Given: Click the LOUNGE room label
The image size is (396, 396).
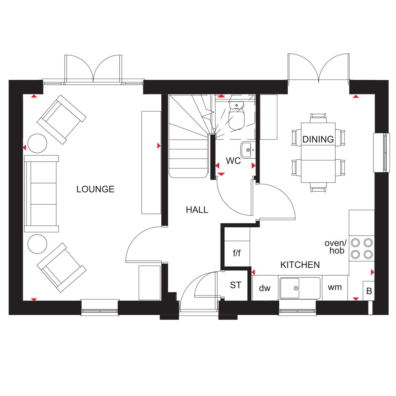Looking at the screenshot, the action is click(x=95, y=189).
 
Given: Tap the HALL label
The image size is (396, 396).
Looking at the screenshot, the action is click(x=197, y=210).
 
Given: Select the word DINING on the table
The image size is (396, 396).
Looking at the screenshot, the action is click(x=318, y=140).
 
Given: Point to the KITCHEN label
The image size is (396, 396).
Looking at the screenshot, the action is click(x=300, y=265).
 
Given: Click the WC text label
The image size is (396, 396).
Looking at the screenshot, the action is click(x=233, y=161).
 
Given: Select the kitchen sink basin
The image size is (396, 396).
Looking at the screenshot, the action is click(x=290, y=288).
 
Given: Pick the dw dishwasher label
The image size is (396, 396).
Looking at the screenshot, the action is click(x=265, y=288).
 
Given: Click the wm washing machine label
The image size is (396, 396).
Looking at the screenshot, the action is click(x=335, y=287).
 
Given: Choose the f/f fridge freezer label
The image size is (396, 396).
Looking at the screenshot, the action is click(x=237, y=252).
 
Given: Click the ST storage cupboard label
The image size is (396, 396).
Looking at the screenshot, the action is click(x=236, y=285).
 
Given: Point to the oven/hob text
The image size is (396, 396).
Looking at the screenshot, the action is click(x=335, y=247).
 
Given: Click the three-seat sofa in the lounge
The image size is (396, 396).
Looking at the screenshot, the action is click(x=41, y=194).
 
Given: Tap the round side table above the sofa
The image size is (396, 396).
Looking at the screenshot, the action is click(x=37, y=143).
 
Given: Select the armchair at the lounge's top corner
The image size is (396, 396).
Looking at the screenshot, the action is click(x=62, y=119).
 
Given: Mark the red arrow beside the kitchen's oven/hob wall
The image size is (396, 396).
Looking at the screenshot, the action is click(x=372, y=272).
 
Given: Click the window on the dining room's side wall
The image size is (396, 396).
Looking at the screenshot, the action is click(x=381, y=153).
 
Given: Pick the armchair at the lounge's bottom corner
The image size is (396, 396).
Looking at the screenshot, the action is click(x=62, y=268).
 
